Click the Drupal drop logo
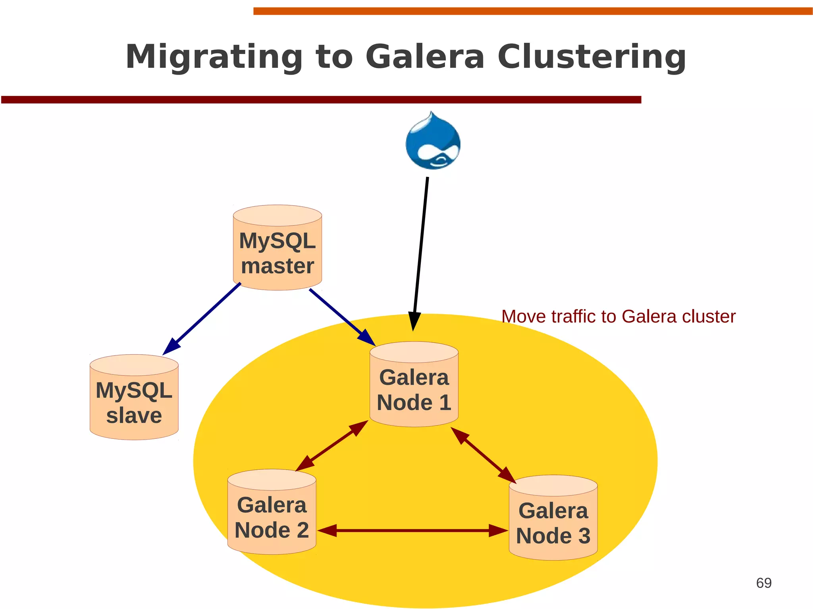coord(433,142)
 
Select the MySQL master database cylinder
coord(277,248)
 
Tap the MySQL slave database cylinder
coord(134,398)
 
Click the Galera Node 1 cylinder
coord(414,384)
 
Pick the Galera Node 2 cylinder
coord(272,512)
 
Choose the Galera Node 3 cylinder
coord(553,518)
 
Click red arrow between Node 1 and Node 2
coord(332,446)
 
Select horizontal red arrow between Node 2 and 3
coord(413,530)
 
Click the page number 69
coord(763,583)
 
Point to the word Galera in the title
coord(425,57)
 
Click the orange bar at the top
coord(532,11)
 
